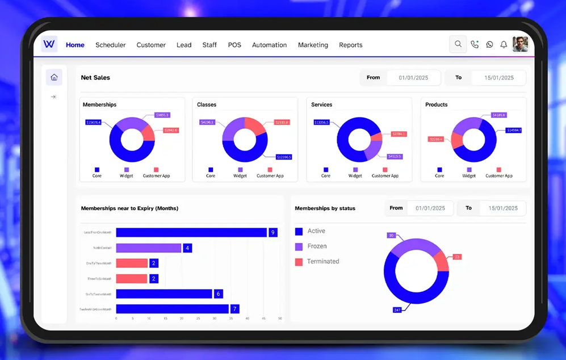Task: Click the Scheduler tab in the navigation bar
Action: [x=110, y=45]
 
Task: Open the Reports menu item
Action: [x=350, y=45]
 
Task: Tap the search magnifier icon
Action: [x=458, y=44]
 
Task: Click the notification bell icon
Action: [x=504, y=45]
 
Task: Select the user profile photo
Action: [x=520, y=44]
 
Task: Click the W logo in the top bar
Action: [x=49, y=44]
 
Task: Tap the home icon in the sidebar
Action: [x=54, y=77]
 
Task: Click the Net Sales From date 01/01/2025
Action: [x=413, y=78]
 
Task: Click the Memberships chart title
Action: [x=99, y=104]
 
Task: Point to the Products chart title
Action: [x=436, y=104]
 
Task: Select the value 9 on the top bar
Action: [x=272, y=232]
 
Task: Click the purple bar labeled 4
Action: [x=149, y=248]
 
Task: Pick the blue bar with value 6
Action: [x=163, y=294]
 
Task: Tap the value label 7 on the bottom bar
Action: [x=234, y=309]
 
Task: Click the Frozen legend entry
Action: [x=317, y=246]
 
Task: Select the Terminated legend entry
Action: [x=322, y=262]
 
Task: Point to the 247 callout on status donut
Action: [x=397, y=310]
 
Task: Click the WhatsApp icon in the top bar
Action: [x=489, y=45]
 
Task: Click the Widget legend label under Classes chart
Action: [x=240, y=175]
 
